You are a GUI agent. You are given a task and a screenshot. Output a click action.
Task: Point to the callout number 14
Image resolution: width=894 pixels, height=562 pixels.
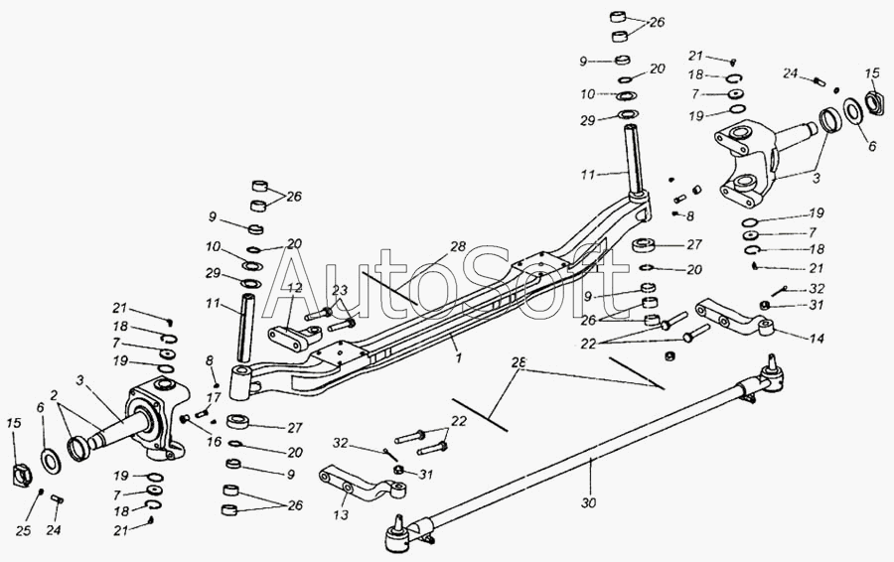817,339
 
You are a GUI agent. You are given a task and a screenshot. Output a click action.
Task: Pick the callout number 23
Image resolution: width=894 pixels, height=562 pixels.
340,290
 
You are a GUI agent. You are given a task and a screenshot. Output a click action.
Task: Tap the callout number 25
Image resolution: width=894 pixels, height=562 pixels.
25,531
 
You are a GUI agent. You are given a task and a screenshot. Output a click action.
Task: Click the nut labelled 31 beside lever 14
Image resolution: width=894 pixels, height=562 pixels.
765,305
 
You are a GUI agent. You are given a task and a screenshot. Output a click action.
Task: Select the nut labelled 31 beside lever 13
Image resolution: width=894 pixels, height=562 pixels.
397,468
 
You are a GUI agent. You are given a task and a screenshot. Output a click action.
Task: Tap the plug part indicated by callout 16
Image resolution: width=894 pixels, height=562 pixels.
185,421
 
